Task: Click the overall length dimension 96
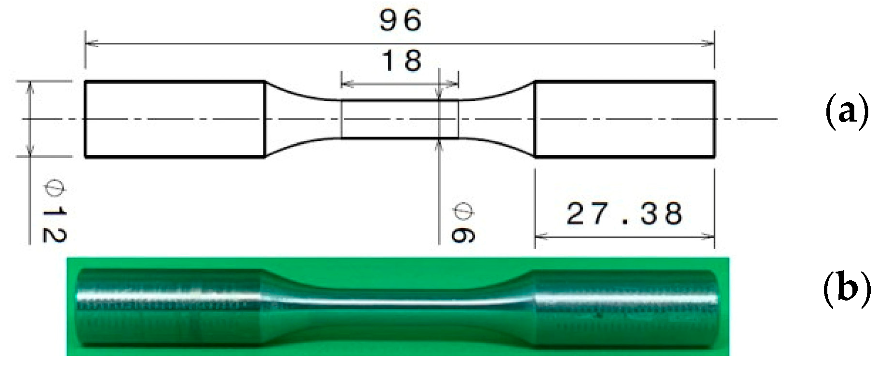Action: [400, 20]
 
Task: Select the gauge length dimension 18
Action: [401, 61]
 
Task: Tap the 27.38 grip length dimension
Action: [624, 214]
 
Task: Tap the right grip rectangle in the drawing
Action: [624, 119]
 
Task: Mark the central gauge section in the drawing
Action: [400, 119]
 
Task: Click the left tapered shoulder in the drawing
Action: [301, 119]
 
